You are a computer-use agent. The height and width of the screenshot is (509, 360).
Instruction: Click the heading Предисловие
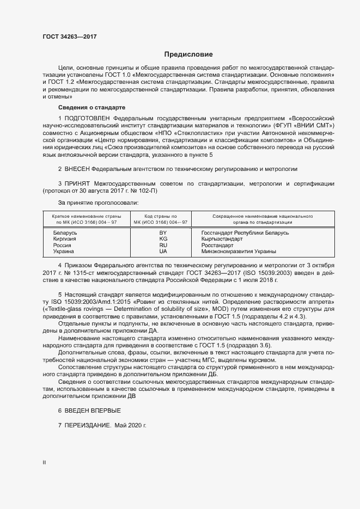(188, 54)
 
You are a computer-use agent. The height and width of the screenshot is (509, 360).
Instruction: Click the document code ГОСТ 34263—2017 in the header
(70, 36)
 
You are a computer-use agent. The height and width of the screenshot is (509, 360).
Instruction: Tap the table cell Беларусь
(65, 233)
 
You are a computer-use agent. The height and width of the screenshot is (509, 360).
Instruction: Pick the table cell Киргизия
(65, 239)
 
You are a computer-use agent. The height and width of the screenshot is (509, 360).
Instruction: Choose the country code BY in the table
(163, 233)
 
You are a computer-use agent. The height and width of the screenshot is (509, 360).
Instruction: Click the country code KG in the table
(163, 239)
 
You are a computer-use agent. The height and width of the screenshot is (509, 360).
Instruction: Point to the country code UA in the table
(163, 252)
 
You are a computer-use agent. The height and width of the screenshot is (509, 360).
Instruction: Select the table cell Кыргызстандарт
(224, 239)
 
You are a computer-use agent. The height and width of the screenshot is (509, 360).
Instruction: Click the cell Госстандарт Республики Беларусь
(245, 233)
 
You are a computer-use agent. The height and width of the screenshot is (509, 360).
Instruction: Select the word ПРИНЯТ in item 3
(77, 184)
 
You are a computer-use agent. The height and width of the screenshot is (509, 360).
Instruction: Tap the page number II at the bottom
(44, 462)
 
